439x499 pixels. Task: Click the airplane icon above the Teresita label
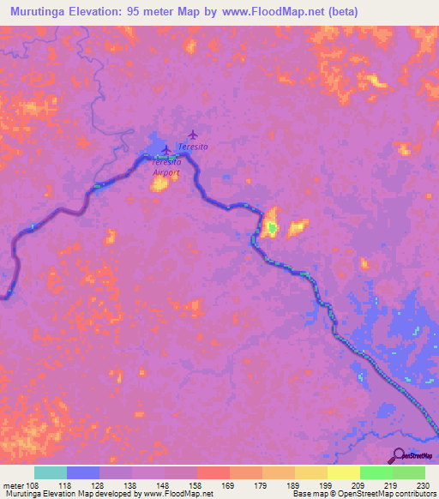tap(193, 135)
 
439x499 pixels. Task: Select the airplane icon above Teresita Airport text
tap(165, 149)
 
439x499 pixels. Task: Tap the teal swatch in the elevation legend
tap(51, 472)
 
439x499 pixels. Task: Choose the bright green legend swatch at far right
tap(409, 472)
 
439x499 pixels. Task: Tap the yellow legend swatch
tap(343, 472)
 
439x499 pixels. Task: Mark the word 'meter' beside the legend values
tap(13, 484)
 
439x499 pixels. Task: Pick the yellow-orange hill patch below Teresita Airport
tap(159, 183)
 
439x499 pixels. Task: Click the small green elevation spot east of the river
tap(272, 227)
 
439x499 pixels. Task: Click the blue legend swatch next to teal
tap(83, 472)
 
